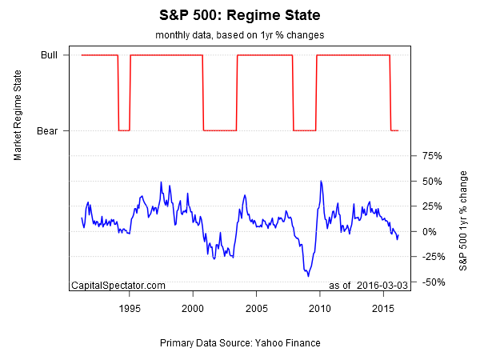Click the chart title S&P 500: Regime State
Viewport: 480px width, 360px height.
(x=240, y=15)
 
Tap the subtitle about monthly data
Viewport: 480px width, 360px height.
(x=239, y=36)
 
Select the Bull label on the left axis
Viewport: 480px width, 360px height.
(x=49, y=55)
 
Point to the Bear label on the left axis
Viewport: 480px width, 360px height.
(x=48, y=130)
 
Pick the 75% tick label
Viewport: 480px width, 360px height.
(x=432, y=156)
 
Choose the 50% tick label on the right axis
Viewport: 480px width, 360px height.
(x=432, y=181)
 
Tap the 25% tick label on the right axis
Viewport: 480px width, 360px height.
(x=432, y=206)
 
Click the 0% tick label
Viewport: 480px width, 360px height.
(x=430, y=231)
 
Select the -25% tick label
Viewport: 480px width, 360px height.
(x=434, y=257)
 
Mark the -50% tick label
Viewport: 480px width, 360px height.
(x=434, y=282)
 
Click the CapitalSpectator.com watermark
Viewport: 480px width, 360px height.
(x=118, y=286)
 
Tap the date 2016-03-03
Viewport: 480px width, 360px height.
(x=383, y=286)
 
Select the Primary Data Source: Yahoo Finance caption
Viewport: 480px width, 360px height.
(x=240, y=343)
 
